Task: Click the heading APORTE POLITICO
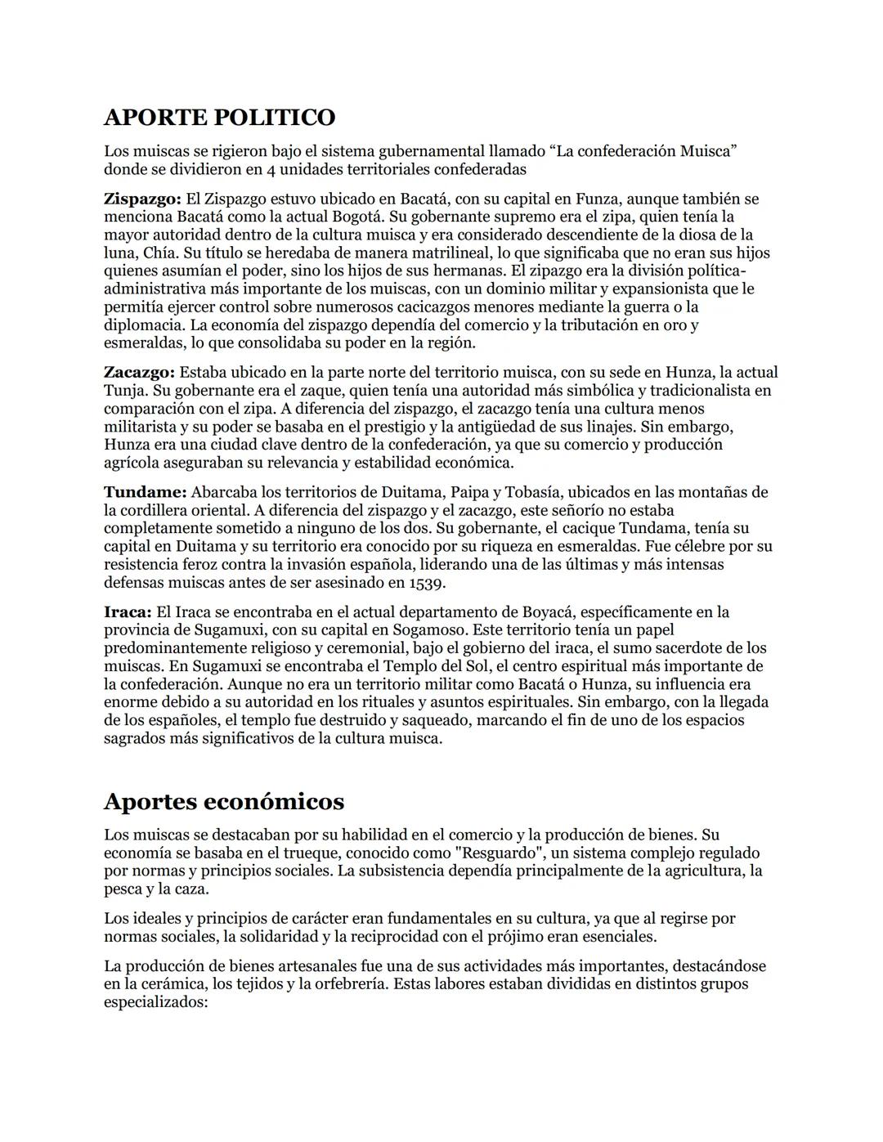click(x=219, y=117)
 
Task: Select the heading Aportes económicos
click(x=223, y=801)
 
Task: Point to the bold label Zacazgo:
click(x=139, y=373)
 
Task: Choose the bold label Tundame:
click(x=146, y=492)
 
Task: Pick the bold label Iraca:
click(x=128, y=611)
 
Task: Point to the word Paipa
click(x=490, y=492)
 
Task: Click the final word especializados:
click(x=156, y=1001)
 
